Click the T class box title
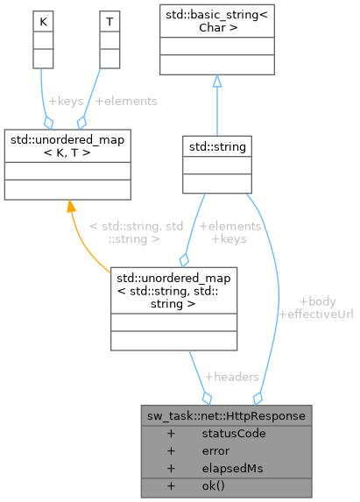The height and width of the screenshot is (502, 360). [x=108, y=18]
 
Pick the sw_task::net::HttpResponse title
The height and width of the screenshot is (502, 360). [x=228, y=415]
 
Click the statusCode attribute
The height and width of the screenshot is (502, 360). [x=233, y=433]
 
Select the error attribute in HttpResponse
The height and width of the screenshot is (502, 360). [x=215, y=450]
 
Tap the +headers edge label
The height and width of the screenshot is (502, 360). [x=231, y=376]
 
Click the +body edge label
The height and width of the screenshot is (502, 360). [x=316, y=300]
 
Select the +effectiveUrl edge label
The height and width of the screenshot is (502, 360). [x=314, y=313]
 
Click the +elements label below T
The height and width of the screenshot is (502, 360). [x=126, y=101]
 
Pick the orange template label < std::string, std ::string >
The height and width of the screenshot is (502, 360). [x=136, y=231]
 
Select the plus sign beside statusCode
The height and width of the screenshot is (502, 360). [x=171, y=433]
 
